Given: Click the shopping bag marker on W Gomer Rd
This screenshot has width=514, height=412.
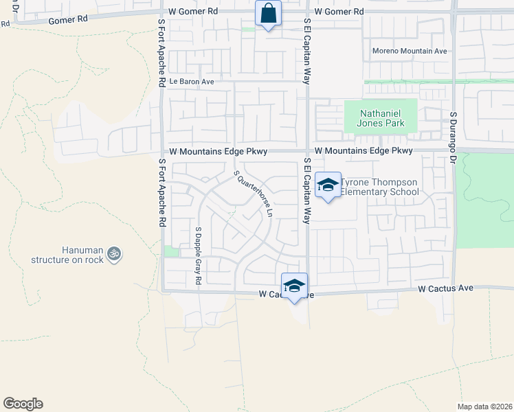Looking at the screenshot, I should [268, 14].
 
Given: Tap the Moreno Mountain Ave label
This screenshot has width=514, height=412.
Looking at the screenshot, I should [410, 51].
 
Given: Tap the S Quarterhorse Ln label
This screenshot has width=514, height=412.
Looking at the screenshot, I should [254, 194].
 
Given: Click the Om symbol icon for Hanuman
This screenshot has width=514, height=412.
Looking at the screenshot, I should [114, 253].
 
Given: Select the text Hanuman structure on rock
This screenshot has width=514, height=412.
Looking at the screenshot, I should [67, 256].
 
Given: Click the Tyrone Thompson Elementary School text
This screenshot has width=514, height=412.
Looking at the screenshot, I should [380, 187].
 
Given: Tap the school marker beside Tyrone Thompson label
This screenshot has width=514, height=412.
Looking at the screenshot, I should [328, 185].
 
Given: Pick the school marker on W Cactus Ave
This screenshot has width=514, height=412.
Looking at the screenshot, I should [294, 286].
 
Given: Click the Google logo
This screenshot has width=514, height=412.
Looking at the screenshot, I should [23, 404].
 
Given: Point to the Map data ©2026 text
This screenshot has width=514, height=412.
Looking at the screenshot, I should [484, 406].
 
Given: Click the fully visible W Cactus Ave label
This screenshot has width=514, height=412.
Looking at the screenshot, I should [445, 288].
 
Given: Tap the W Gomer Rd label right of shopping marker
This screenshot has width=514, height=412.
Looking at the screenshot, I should [339, 12].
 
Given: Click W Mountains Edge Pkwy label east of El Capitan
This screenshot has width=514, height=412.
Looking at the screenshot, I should [364, 150].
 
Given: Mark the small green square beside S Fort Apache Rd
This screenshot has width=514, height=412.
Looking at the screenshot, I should [170, 251].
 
